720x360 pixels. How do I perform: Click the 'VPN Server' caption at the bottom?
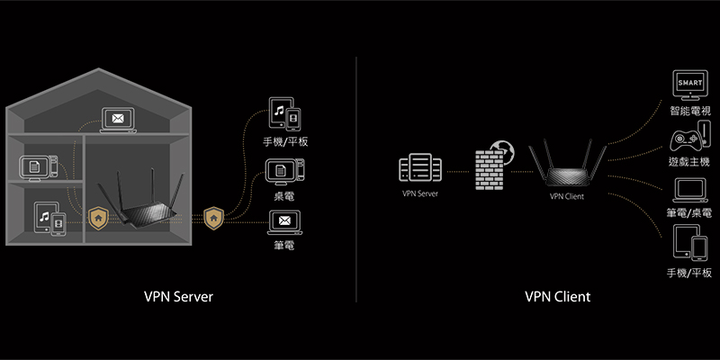(x=178, y=296)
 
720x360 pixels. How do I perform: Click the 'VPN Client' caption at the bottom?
(x=558, y=296)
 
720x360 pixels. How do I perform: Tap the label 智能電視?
(x=689, y=111)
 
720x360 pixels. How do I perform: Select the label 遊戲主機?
(x=689, y=162)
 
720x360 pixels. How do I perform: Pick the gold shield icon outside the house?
(x=213, y=217)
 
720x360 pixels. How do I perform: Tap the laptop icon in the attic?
(x=118, y=118)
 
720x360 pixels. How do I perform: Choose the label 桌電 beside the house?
(x=283, y=194)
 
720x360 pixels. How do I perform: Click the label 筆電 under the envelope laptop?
(x=283, y=244)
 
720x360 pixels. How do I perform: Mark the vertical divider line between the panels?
(x=357, y=180)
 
